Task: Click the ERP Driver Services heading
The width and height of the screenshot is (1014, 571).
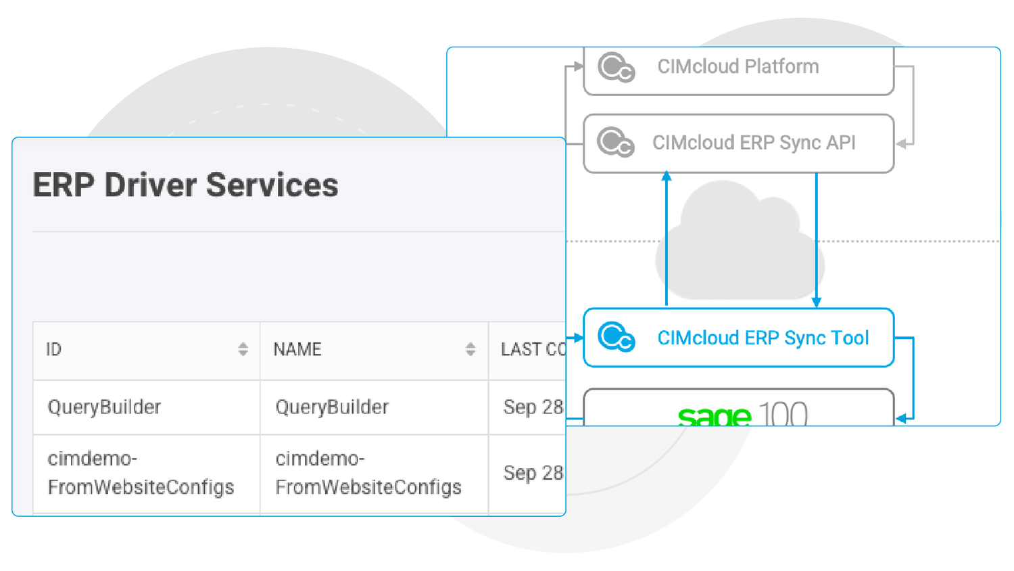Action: (185, 185)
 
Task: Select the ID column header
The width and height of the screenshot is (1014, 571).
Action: (54, 350)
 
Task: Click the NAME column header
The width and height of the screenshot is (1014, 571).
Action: (297, 350)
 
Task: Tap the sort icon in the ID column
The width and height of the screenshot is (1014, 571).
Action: (243, 349)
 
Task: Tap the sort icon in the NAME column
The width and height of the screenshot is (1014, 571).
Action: (470, 349)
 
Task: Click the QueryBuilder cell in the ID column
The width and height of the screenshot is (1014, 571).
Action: (104, 407)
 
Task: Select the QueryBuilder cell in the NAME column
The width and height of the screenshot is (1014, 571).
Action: (332, 407)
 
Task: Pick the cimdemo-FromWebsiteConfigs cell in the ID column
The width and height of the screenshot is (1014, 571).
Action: (141, 473)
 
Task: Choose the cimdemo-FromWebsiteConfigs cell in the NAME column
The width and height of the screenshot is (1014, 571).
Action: (368, 473)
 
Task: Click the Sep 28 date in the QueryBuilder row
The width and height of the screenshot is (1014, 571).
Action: (533, 407)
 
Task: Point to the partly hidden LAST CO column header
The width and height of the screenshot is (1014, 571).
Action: (533, 350)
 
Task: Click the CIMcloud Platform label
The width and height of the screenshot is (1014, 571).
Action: (738, 66)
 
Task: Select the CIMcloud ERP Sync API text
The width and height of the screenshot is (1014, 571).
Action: (754, 143)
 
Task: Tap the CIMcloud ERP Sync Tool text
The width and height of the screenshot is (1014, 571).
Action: (763, 338)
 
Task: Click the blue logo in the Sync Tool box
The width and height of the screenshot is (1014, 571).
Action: (616, 337)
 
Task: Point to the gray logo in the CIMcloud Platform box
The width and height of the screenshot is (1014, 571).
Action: (616, 68)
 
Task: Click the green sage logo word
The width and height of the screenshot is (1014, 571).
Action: (714, 415)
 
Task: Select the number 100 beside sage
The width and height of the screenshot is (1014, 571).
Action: (783, 414)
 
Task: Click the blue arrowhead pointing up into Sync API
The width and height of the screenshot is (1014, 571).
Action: (667, 177)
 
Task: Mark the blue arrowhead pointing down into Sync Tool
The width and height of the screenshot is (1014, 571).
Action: (817, 302)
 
